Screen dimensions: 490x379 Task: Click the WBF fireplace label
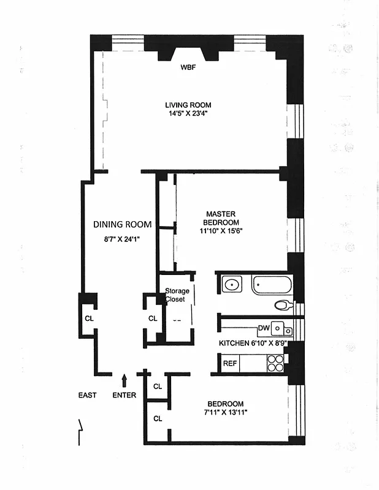pos(188,67)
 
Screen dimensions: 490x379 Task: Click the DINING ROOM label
pos(122,224)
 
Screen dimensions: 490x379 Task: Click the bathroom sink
pos(231,285)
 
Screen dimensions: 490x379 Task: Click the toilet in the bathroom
pos(283,305)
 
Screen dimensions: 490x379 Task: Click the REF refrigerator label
pos(229,364)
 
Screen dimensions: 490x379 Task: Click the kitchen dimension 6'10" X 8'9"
pos(253,344)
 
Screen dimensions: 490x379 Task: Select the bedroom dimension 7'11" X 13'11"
pos(225,412)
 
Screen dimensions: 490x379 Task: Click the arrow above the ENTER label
pos(124,381)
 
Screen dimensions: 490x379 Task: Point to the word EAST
pos(87,395)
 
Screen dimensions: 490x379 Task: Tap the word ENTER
pos(124,395)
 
